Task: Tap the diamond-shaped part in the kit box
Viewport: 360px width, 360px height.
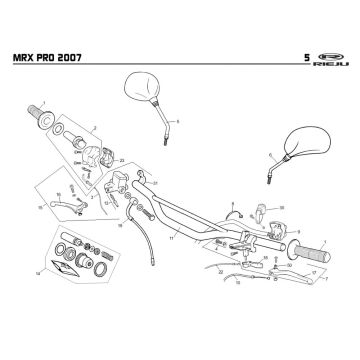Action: pyautogui.click(x=69, y=267)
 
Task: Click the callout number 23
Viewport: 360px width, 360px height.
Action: pyautogui.click(x=122, y=160)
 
